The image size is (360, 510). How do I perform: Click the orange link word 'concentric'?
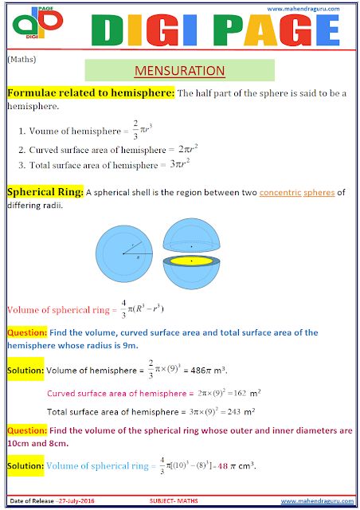282,193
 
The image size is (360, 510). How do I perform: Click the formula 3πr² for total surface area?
179,164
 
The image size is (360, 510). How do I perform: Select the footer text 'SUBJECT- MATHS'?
176,500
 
